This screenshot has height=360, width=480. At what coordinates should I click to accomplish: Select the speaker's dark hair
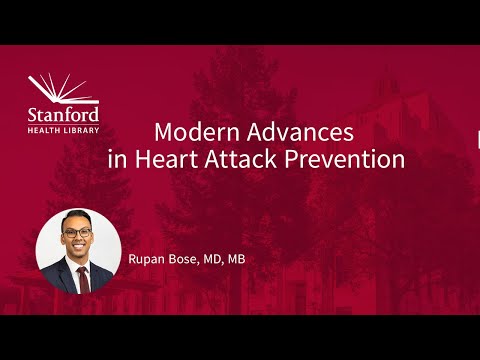78,216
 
